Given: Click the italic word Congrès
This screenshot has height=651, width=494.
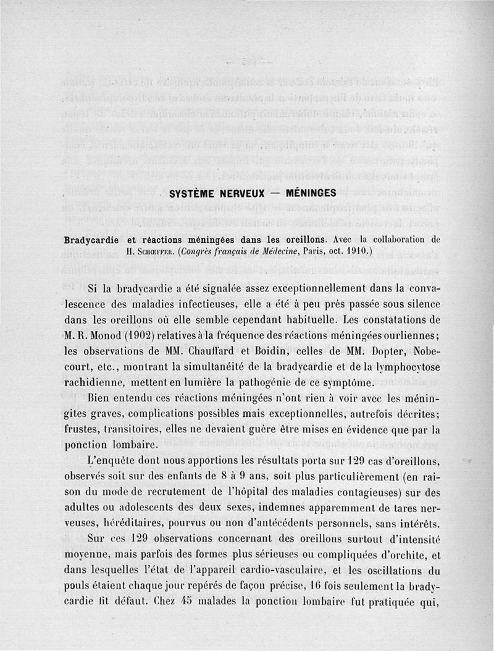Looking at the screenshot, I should point(199,252).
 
